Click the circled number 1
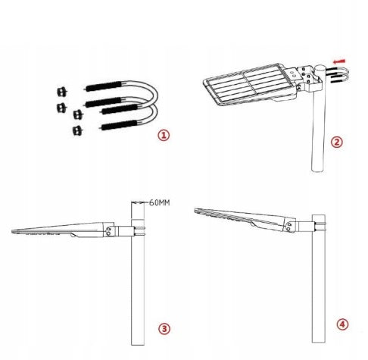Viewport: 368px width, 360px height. point(164,135)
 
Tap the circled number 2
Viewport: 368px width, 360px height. point(337,142)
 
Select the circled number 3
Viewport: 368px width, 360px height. point(164,329)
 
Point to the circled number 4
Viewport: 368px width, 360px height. point(342,324)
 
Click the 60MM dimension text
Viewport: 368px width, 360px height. point(160,202)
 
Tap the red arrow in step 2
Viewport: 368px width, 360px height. point(338,61)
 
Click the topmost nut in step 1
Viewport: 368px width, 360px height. point(61,92)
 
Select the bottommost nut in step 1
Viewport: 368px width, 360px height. point(78,130)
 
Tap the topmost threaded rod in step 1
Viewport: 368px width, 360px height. point(104,86)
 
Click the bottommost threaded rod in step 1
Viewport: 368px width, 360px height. point(119,125)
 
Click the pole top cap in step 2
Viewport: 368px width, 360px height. point(320,67)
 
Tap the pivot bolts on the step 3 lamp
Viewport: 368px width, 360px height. point(108,231)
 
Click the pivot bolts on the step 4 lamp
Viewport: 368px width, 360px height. point(288,227)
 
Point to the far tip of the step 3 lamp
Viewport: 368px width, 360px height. point(12,231)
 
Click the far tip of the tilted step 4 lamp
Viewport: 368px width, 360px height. point(195,210)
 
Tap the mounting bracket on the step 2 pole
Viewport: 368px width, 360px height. point(309,79)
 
